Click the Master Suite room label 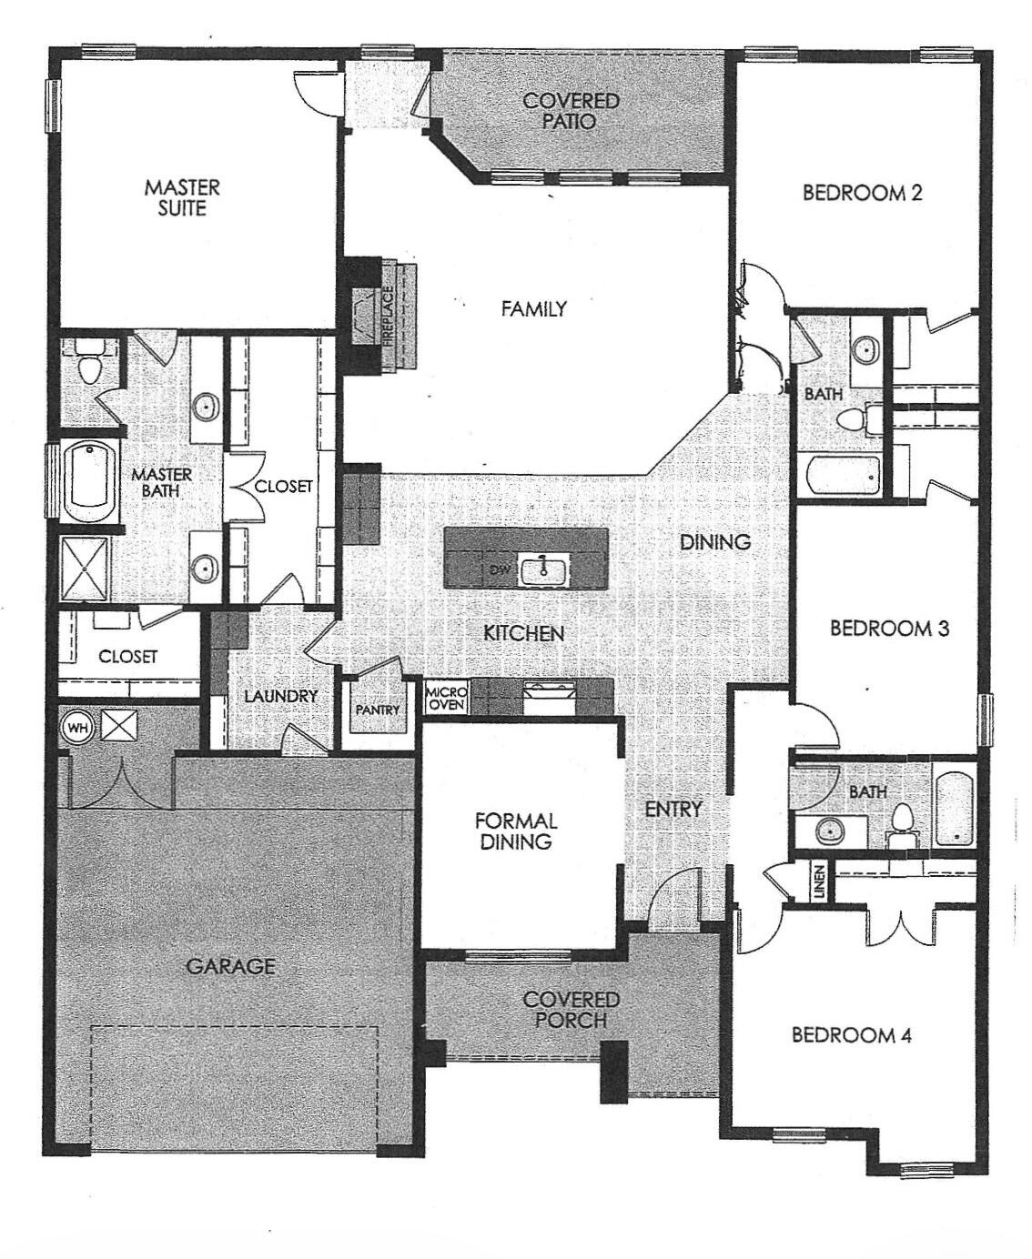pyautogui.click(x=182, y=198)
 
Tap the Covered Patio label pyautogui.click(x=571, y=110)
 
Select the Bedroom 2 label pyautogui.click(x=862, y=193)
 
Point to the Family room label pyautogui.click(x=533, y=309)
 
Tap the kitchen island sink pyautogui.click(x=541, y=570)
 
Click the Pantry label pyautogui.click(x=377, y=710)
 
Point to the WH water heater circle pyautogui.click(x=76, y=728)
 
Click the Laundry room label pyautogui.click(x=280, y=696)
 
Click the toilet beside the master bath pyautogui.click(x=90, y=366)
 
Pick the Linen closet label pyautogui.click(x=820, y=881)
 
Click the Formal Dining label pyautogui.click(x=516, y=831)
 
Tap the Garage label pyautogui.click(x=230, y=966)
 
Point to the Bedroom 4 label pyautogui.click(x=851, y=1035)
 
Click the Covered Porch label pyautogui.click(x=572, y=1010)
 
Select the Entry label pyautogui.click(x=673, y=809)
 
